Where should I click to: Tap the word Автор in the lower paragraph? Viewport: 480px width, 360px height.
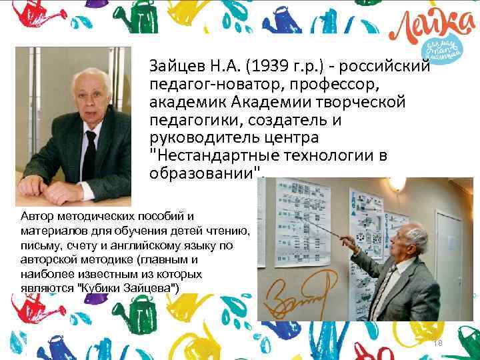tap(36, 217)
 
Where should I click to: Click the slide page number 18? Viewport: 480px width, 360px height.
tap(438, 343)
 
